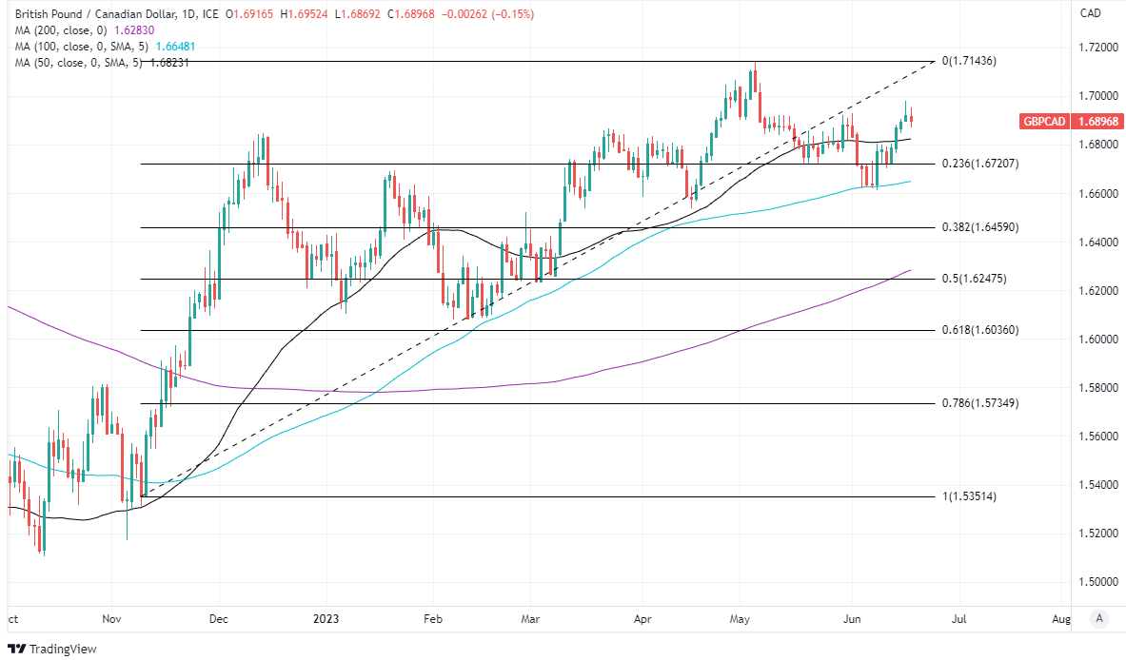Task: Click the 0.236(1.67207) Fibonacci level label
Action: (x=980, y=164)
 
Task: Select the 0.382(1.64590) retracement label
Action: (x=980, y=228)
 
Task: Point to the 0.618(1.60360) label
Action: (x=980, y=330)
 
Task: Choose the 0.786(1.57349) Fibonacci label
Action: (x=980, y=403)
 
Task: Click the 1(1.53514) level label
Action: (x=969, y=496)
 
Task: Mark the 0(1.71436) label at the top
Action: (x=969, y=61)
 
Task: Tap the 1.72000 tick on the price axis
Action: (x=1097, y=48)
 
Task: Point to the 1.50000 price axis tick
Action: (x=1097, y=581)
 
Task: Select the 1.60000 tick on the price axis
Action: (x=1097, y=339)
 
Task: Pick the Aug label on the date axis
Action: (x=1062, y=619)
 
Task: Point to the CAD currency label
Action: (x=1091, y=13)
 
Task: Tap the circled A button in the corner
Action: (x=1099, y=619)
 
